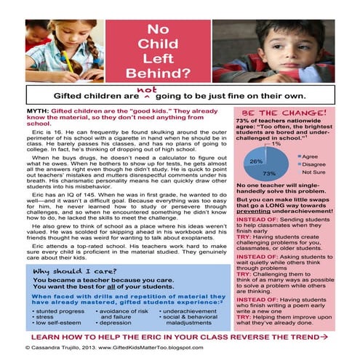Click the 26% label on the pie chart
256,161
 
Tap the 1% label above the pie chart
276,144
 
